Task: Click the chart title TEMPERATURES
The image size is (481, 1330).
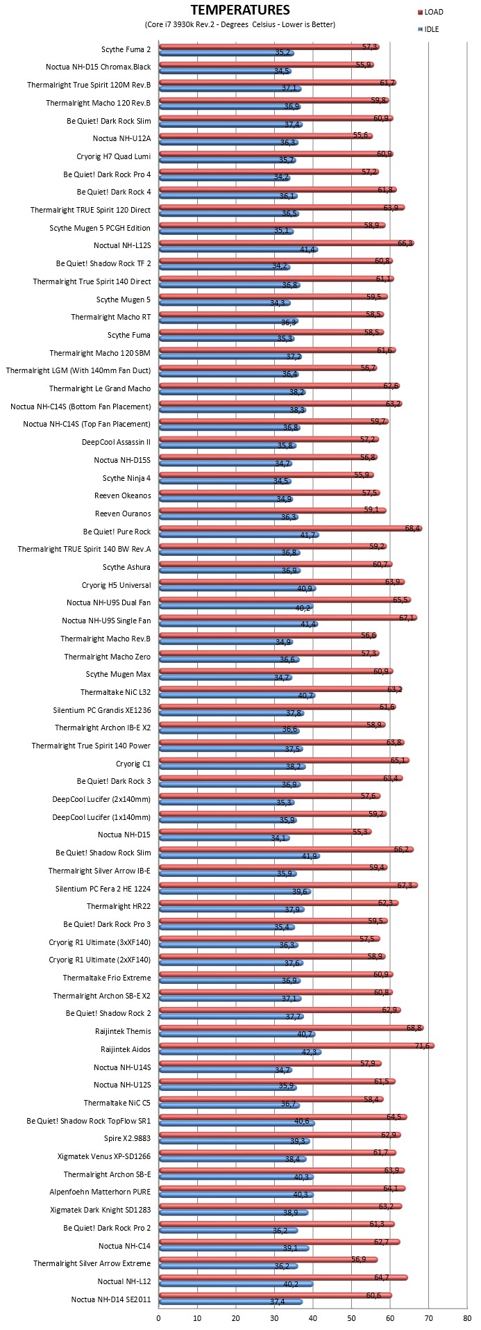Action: tap(240, 10)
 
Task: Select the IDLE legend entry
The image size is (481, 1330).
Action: tap(428, 30)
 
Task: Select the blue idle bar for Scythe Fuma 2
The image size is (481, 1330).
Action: tap(227, 53)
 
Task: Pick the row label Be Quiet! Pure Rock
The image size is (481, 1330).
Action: tap(117, 532)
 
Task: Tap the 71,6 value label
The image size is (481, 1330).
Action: tap(423, 1045)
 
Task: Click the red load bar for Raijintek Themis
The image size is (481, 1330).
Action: tap(292, 1028)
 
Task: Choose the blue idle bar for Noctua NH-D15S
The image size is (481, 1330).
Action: tap(226, 463)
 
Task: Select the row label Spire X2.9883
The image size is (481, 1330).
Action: tap(127, 1138)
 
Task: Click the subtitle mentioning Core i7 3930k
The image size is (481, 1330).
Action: tap(240, 24)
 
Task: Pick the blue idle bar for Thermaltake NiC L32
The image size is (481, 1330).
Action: tap(237, 696)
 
